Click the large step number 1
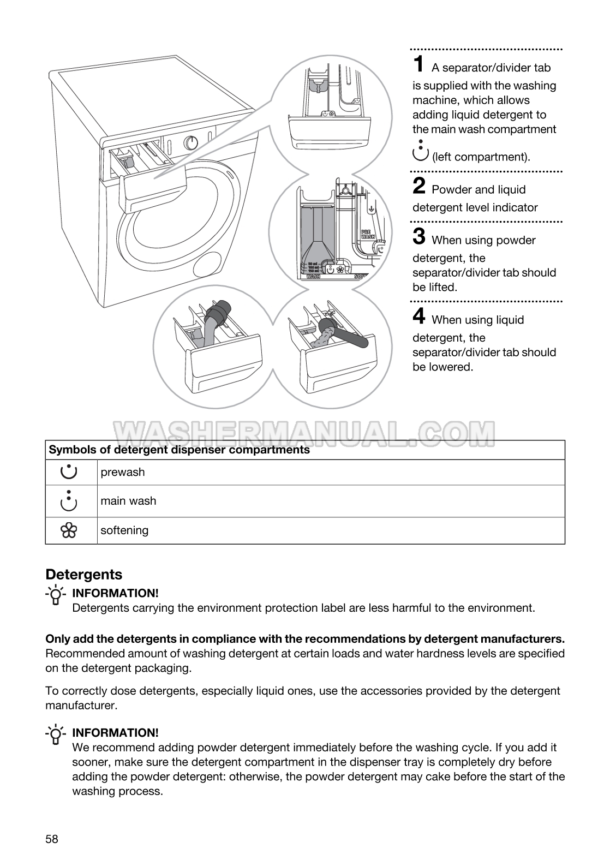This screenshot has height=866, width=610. (418, 64)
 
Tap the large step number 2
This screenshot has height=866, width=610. (419, 186)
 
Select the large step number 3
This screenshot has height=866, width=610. (419, 237)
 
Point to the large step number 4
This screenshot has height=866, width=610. (419, 316)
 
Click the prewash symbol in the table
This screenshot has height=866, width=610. (69, 472)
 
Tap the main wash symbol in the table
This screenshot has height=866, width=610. (69, 500)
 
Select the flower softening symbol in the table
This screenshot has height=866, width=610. (69, 530)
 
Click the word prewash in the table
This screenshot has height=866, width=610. (123, 472)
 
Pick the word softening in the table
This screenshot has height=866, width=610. (124, 530)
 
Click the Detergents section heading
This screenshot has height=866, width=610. (84, 575)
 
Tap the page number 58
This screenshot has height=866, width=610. (52, 839)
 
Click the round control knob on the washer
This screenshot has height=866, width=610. (191, 143)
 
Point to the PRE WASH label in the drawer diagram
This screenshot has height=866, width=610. (368, 235)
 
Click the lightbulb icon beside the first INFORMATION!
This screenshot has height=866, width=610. (55, 595)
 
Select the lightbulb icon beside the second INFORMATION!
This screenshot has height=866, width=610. (55, 734)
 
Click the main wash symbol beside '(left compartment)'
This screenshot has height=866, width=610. (421, 150)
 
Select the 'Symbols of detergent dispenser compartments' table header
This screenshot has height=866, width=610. (180, 450)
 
